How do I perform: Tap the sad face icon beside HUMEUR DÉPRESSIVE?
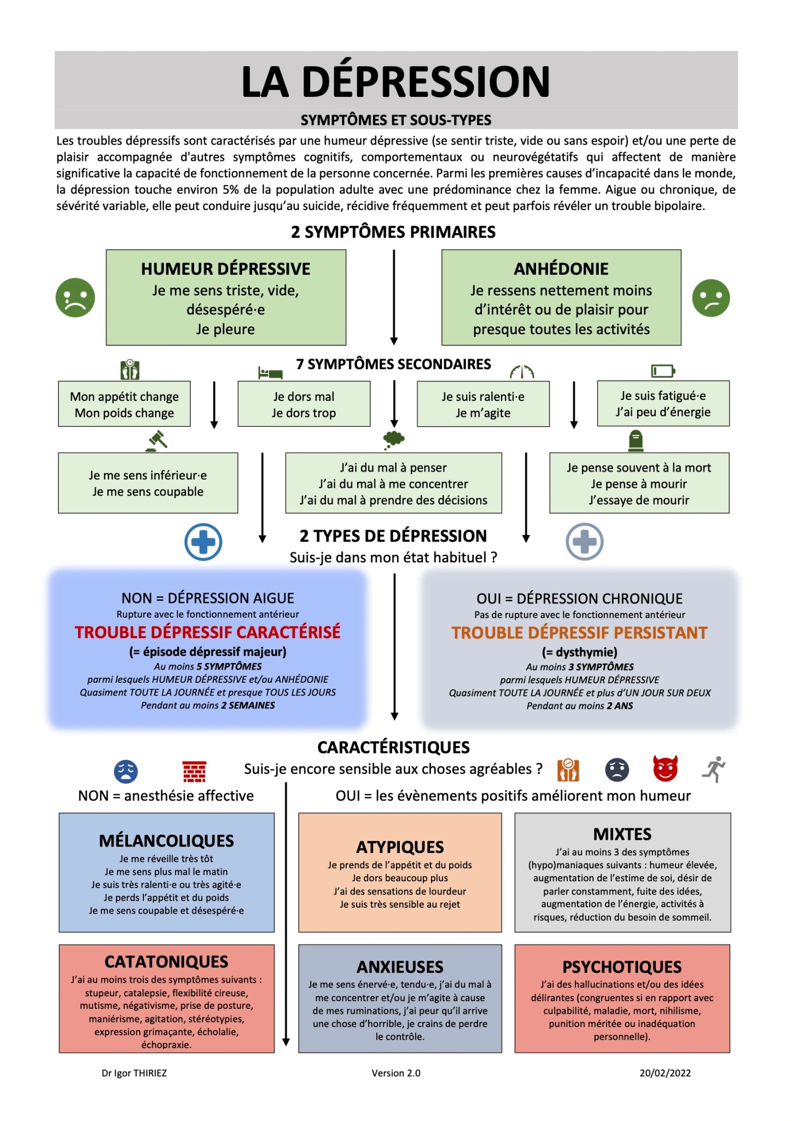[x=75, y=298]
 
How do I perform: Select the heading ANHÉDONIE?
[x=561, y=269]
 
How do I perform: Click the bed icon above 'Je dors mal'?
[x=270, y=373]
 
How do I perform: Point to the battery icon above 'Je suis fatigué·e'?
[x=663, y=371]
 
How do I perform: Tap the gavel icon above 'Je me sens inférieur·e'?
[x=156, y=440]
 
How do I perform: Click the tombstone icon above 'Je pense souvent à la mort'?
[x=636, y=440]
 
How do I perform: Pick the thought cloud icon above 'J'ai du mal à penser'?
[x=394, y=439]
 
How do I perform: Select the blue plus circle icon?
[x=203, y=542]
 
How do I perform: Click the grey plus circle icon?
[x=584, y=542]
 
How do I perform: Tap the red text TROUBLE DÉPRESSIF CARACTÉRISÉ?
[x=207, y=632]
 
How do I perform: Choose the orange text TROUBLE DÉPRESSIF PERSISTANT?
[x=579, y=632]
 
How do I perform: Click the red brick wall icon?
[x=194, y=771]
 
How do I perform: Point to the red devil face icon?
[x=665, y=769]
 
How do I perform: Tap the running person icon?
[x=714, y=769]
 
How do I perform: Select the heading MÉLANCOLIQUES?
[x=166, y=840]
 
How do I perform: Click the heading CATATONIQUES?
[x=166, y=961]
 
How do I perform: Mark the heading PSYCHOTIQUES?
[x=622, y=967]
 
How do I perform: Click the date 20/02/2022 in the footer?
[x=665, y=1073]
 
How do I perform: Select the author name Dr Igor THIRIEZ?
[x=134, y=1073]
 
